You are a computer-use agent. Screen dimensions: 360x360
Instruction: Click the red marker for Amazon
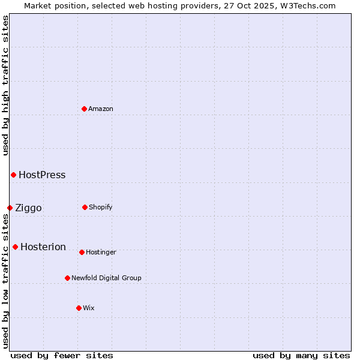[84, 109]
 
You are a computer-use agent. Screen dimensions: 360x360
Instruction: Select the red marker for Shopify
[85, 207]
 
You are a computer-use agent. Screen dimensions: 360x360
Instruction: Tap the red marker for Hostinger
[82, 252]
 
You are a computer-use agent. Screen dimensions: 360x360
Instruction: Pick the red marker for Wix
[79, 308]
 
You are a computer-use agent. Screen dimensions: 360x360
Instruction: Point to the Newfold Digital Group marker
[67, 278]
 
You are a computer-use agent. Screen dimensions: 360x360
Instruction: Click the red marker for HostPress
[13, 175]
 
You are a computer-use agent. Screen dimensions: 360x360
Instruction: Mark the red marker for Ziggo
[10, 208]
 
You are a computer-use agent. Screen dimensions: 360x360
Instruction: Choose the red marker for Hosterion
[15, 247]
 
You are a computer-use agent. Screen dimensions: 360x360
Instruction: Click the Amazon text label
[101, 109]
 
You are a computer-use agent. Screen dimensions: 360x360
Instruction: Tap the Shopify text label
[101, 207]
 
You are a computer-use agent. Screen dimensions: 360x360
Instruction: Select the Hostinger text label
[101, 252]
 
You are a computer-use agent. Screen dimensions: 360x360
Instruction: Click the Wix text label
[89, 308]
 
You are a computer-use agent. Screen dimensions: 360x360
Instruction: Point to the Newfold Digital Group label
[106, 278]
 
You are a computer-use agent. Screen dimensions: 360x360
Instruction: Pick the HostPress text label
[42, 175]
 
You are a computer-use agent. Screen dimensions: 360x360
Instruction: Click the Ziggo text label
[28, 208]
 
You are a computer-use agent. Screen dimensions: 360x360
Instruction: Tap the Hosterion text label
[43, 247]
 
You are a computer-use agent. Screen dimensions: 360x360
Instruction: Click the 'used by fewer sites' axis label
[62, 355]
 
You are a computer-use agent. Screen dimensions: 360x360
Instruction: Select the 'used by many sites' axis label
[301, 355]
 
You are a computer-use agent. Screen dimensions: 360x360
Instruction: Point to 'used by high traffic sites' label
[5, 85]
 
